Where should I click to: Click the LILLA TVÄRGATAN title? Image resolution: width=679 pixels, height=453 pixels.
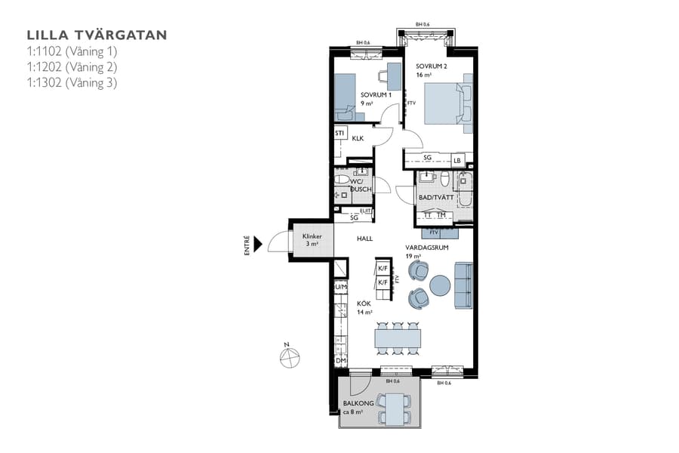97,35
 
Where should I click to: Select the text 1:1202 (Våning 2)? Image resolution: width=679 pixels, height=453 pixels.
72,67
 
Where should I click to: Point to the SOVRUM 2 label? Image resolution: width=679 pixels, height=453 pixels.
431,66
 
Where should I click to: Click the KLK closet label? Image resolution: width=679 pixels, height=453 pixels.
358,138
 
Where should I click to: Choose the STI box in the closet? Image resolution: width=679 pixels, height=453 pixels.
340,134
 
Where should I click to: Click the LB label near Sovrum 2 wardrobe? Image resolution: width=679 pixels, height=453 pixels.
456,160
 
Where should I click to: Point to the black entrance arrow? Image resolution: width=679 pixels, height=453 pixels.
257,243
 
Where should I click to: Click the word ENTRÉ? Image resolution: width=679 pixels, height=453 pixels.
247,246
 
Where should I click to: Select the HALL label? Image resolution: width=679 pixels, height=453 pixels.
365,239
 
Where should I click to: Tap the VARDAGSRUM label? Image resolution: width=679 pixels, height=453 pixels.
427,248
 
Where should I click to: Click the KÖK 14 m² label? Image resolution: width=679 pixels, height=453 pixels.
364,307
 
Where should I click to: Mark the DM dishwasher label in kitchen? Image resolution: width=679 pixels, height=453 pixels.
341,361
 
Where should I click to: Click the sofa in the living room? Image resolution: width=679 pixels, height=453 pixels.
462,285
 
